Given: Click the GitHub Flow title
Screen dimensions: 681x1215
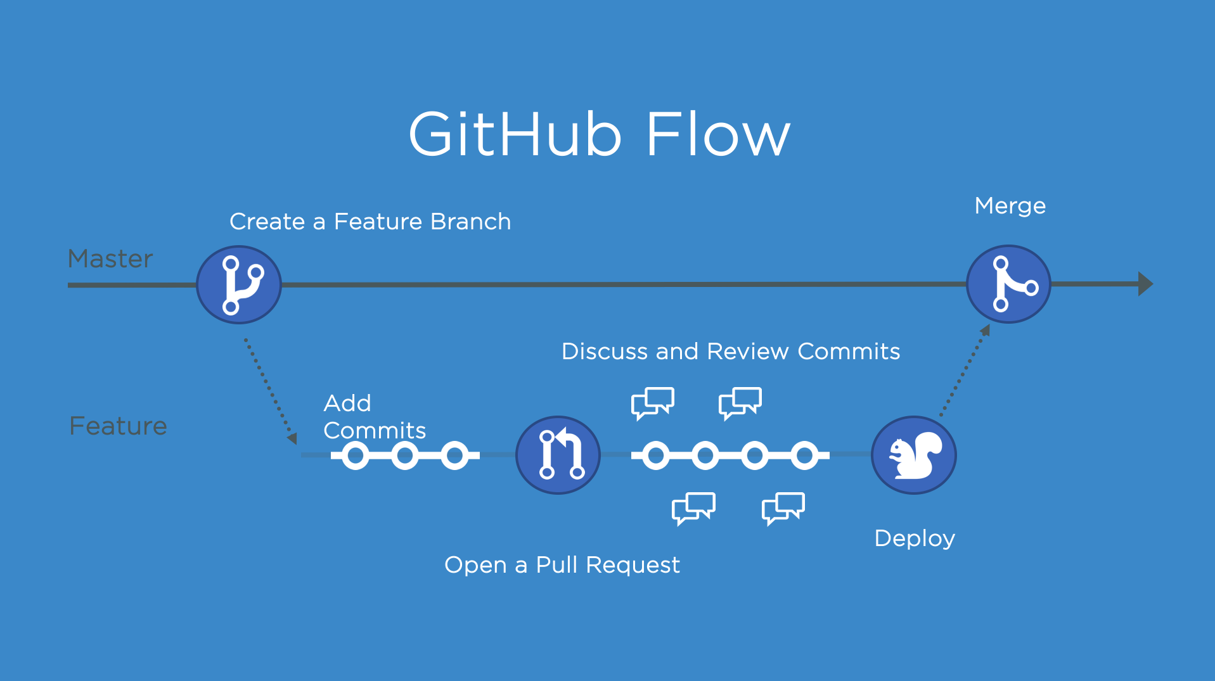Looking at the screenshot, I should tap(599, 134).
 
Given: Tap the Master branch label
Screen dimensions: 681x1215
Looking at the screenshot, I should tap(110, 258).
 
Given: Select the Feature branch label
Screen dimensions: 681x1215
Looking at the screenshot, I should tap(118, 426).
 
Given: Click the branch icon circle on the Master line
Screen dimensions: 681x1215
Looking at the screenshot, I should tap(239, 284).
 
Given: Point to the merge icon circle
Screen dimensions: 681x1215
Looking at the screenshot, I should tap(1008, 284).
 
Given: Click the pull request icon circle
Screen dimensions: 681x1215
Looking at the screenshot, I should tap(558, 455).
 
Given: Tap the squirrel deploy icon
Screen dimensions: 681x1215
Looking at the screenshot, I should tap(913, 455).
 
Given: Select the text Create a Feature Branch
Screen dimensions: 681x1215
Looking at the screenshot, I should tap(370, 222).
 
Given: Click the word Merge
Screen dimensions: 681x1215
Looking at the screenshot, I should tap(1010, 206).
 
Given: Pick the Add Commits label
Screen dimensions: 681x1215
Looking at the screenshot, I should tap(374, 417).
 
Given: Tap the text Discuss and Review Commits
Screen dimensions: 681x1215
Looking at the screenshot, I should tap(730, 352).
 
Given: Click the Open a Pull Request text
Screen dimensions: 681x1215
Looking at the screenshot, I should tap(562, 564).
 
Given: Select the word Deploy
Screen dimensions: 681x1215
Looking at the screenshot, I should tap(914, 538).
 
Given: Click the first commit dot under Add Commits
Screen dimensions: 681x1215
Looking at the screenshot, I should tap(356, 455).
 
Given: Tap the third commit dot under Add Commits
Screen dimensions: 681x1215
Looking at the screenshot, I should tap(454, 455).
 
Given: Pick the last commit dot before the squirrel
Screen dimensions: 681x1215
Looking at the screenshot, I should tap(804, 455).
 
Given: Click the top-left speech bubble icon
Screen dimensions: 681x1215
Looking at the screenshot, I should tap(652, 403).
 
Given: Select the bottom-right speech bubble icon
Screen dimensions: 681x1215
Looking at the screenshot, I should tap(783, 507).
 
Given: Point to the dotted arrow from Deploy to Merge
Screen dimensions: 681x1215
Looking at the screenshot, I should tap(964, 372).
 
